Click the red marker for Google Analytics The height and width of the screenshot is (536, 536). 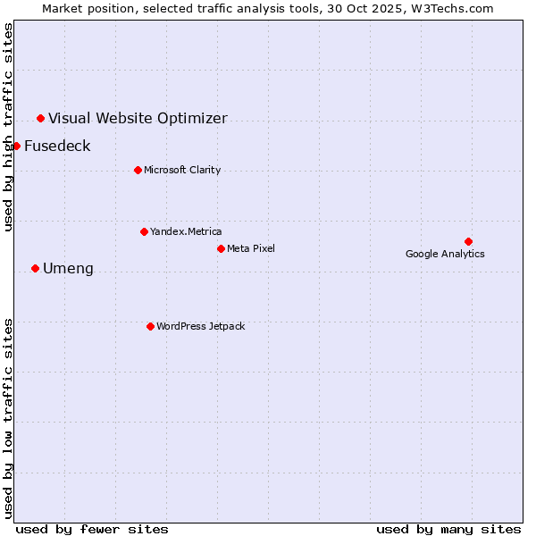[468, 241]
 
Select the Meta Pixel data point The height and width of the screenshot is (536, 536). [221, 248]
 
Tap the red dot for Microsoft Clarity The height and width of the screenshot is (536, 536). [138, 170]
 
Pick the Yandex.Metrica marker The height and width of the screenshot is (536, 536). [144, 231]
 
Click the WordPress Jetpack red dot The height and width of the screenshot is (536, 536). [150, 326]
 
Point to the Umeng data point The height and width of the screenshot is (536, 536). [35, 268]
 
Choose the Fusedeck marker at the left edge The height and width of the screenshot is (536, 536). [16, 146]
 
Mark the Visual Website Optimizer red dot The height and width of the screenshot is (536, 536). [40, 118]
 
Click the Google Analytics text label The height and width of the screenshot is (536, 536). [445, 254]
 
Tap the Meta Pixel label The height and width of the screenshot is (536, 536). [251, 248]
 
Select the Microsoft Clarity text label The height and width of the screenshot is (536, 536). [182, 170]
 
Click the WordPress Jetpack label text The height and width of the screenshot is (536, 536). [200, 326]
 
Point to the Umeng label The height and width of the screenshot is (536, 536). [68, 269]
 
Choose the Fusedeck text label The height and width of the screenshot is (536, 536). [57, 147]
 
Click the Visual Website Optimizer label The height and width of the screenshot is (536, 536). [138, 119]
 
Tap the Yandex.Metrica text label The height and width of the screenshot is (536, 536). [186, 231]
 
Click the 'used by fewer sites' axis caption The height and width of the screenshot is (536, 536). [92, 529]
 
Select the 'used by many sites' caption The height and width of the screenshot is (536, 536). [448, 529]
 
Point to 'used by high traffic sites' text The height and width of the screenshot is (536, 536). [8, 127]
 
